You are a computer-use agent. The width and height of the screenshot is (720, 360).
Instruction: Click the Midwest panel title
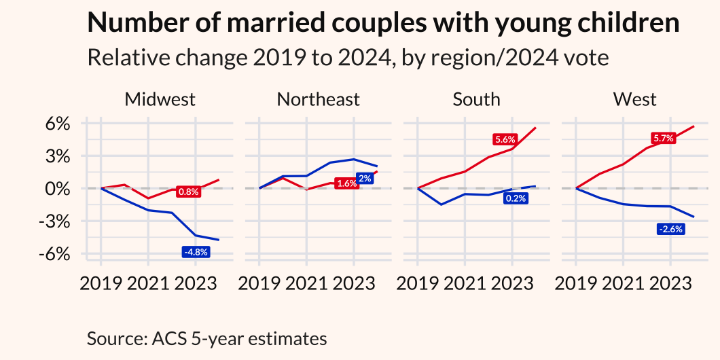pyautogui.click(x=160, y=99)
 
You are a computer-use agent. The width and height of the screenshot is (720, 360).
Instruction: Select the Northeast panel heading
pyautogui.click(x=318, y=99)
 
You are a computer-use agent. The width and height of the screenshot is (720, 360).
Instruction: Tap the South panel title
pyautogui.click(x=476, y=99)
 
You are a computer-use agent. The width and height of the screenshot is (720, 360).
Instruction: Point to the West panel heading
pyautogui.click(x=634, y=99)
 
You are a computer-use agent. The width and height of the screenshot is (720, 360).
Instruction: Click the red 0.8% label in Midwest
pyautogui.click(x=188, y=192)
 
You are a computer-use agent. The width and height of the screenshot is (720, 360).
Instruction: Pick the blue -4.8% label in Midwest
pyautogui.click(x=196, y=252)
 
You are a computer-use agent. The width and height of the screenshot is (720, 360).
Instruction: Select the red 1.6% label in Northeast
pyautogui.click(x=346, y=184)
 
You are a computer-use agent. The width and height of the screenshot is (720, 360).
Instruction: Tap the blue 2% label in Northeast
pyautogui.click(x=365, y=178)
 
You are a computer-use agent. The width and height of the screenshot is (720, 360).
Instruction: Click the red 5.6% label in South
pyautogui.click(x=505, y=139)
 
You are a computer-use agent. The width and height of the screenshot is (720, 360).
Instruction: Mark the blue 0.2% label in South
pyautogui.click(x=516, y=198)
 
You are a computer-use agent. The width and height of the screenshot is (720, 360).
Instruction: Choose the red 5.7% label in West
pyautogui.click(x=663, y=139)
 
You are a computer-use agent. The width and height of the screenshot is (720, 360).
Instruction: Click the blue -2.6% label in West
pyautogui.click(x=670, y=229)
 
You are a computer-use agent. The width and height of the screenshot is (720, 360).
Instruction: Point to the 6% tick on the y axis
pyautogui.click(x=58, y=124)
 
